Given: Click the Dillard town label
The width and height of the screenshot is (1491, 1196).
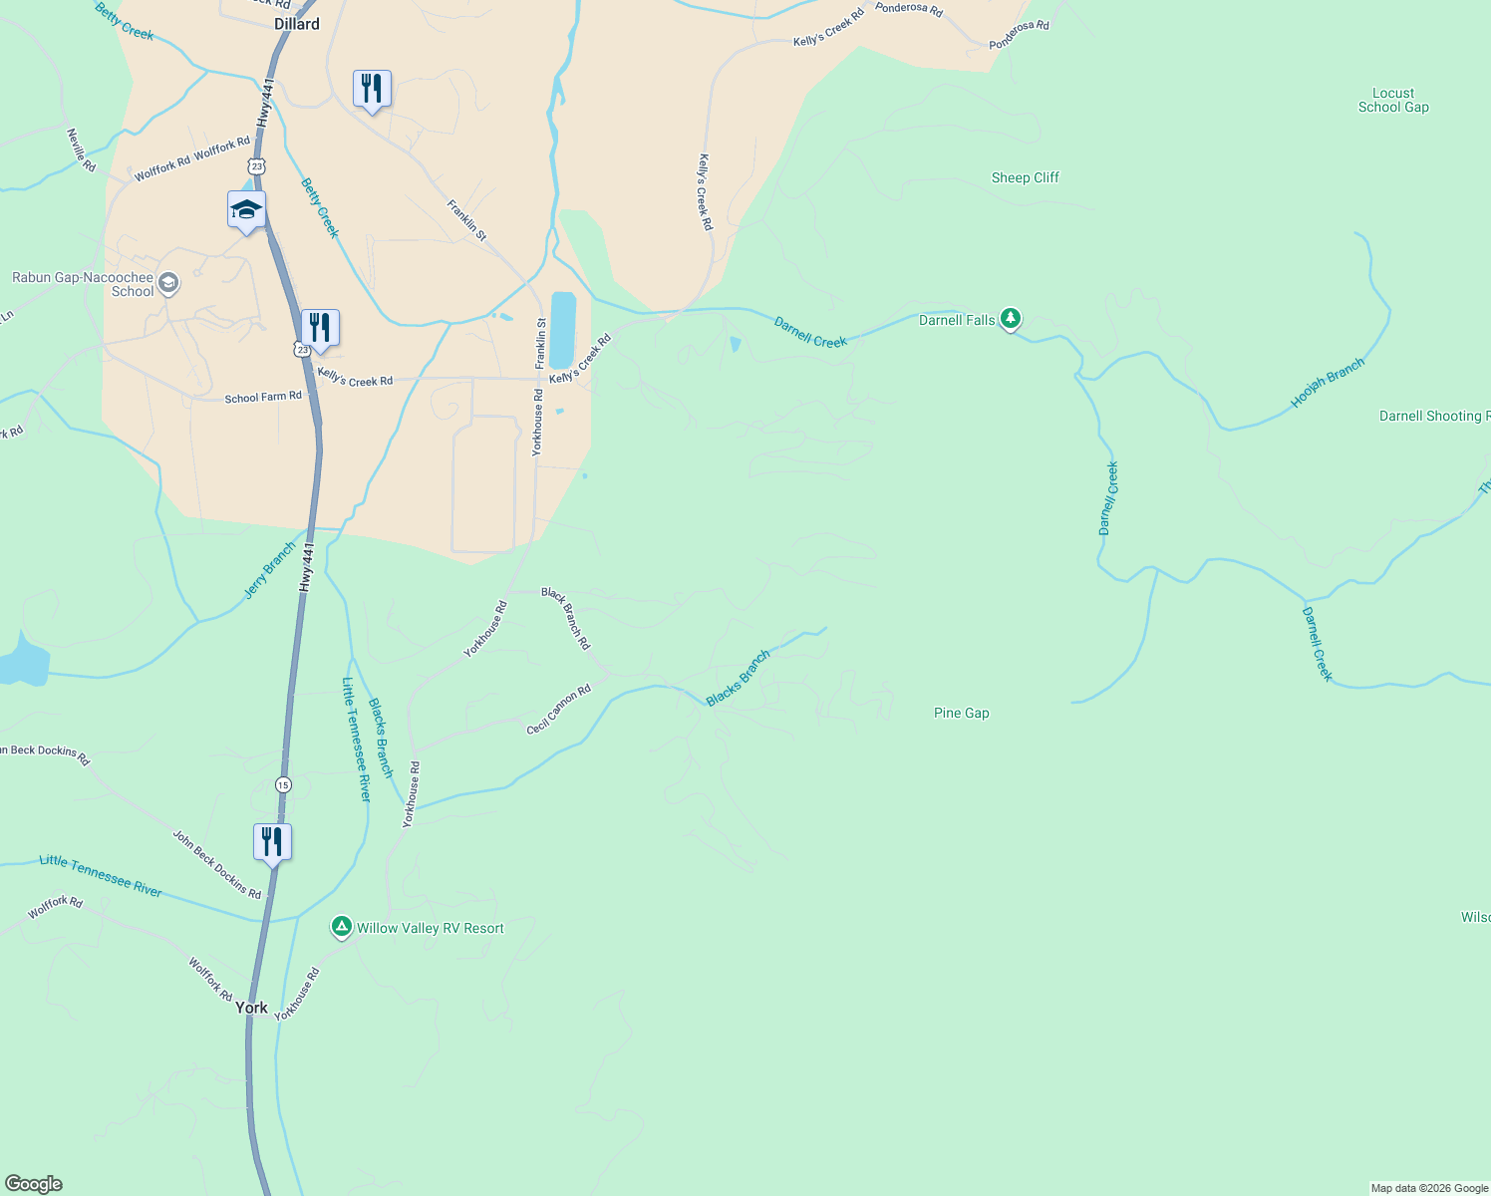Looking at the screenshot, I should [297, 24].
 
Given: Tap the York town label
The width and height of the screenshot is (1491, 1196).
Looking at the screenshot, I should [251, 1008].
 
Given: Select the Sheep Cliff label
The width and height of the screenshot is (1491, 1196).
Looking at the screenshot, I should [1025, 177].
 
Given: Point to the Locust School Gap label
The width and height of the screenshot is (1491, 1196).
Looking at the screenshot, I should [1392, 100].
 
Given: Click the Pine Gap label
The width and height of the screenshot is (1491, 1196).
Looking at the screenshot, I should [961, 713].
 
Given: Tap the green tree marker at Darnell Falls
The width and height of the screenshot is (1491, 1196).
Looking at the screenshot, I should [1011, 319].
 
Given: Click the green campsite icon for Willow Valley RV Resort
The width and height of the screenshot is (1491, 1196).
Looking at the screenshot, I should [341, 928].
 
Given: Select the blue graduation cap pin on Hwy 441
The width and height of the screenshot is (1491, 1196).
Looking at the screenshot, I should [246, 210].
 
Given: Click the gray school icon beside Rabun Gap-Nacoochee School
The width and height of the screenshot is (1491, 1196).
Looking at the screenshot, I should [168, 283].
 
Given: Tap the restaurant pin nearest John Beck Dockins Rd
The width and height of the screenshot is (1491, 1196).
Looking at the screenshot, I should [272, 842].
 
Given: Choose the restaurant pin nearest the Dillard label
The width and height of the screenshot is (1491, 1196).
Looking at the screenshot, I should [372, 89].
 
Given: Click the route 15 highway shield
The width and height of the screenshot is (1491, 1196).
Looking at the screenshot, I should [284, 784].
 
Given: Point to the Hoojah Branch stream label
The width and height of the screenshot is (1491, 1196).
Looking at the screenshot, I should [1327, 384].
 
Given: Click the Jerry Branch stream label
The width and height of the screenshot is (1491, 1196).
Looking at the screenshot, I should [269, 571].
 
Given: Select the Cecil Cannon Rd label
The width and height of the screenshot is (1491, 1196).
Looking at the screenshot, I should [558, 710].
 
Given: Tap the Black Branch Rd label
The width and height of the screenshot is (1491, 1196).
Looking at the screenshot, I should [566, 618].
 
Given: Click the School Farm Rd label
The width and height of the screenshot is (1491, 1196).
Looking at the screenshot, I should [263, 397].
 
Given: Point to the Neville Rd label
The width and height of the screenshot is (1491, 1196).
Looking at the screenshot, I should [82, 149].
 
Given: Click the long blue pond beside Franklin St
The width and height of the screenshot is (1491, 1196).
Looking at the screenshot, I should [563, 330].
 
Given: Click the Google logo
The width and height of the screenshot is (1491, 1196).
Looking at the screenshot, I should [34, 1184].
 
